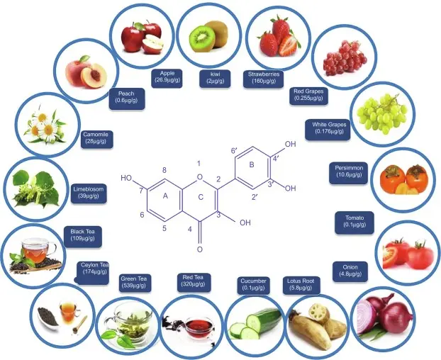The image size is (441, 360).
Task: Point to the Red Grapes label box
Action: click(x=310, y=95)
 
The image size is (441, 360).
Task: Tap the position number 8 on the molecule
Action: click(x=164, y=171)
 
